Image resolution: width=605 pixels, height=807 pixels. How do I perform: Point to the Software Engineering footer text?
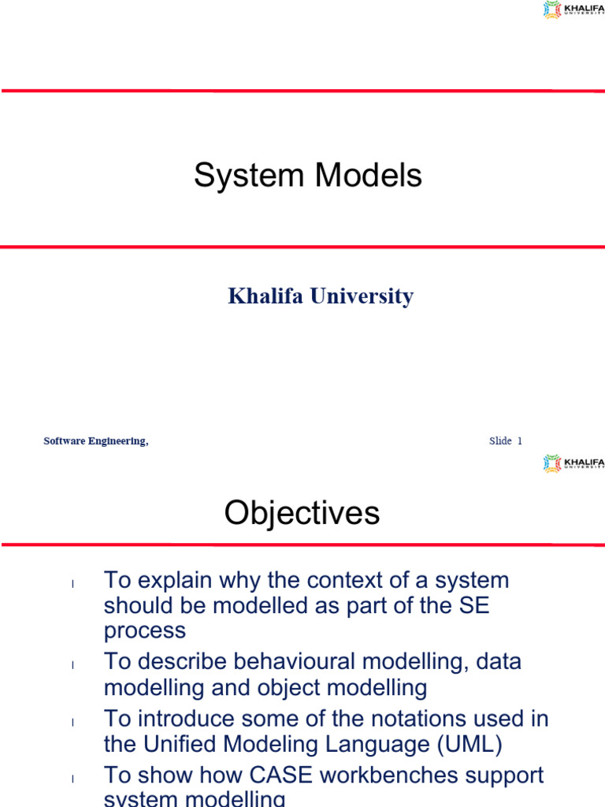(95, 441)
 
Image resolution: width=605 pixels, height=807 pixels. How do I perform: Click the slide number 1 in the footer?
(519, 441)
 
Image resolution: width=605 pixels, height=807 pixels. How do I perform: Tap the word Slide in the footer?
(500, 441)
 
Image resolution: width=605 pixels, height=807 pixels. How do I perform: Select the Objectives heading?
(302, 514)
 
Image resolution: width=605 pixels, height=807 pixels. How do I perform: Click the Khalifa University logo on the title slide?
(573, 9)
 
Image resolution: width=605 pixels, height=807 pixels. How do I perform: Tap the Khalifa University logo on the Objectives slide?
(573, 463)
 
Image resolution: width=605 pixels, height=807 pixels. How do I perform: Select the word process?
(145, 631)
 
